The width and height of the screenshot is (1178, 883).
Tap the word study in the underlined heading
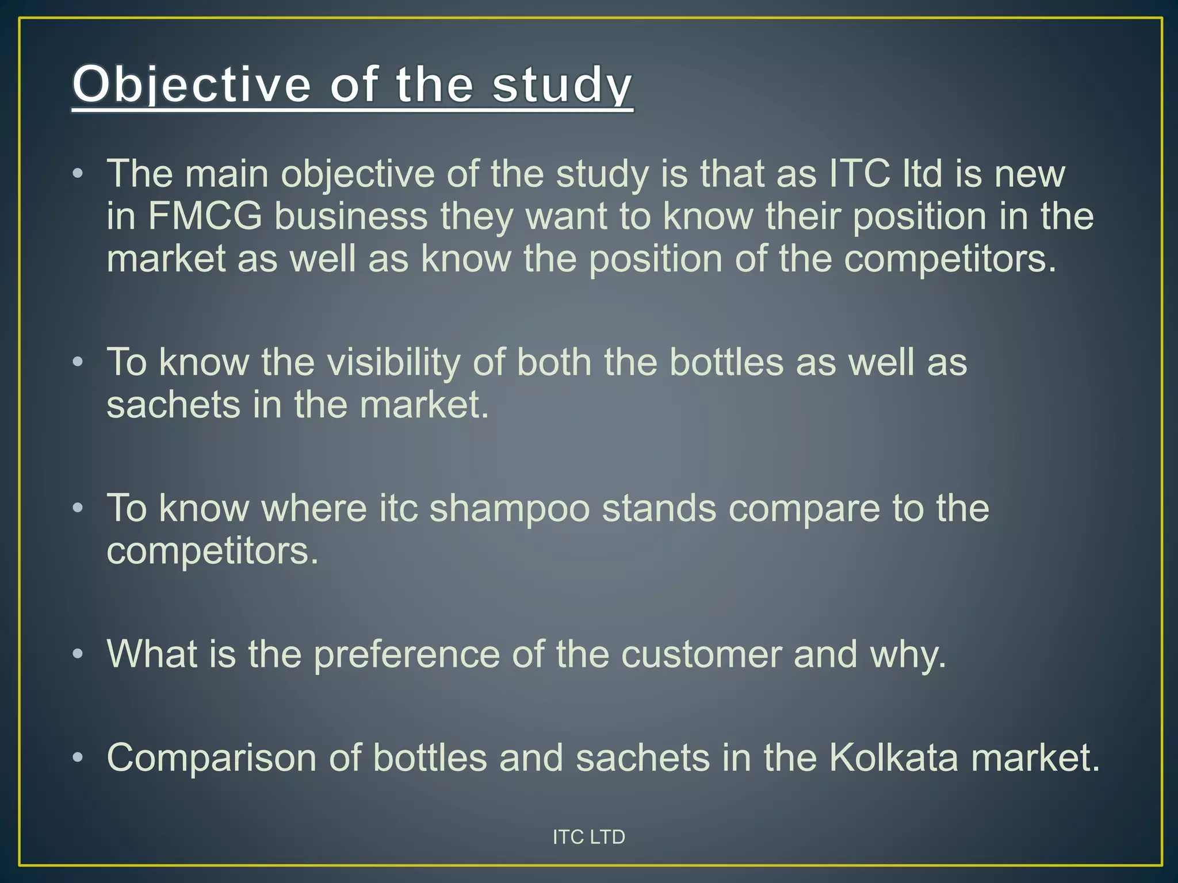[x=562, y=85]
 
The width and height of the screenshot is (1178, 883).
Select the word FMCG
[x=205, y=216]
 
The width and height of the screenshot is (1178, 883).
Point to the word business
[x=351, y=216]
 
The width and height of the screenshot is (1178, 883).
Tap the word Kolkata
[x=893, y=757]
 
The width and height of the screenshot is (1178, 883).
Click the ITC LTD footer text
[x=588, y=837]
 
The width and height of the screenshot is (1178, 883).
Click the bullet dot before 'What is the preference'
[x=78, y=654]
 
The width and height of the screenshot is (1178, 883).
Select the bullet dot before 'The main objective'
[x=78, y=174]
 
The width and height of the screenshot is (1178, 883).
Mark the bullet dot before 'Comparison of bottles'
[x=78, y=757]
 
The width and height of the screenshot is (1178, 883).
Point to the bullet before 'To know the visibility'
[x=78, y=362]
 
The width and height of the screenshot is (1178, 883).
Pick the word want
[x=567, y=216]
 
